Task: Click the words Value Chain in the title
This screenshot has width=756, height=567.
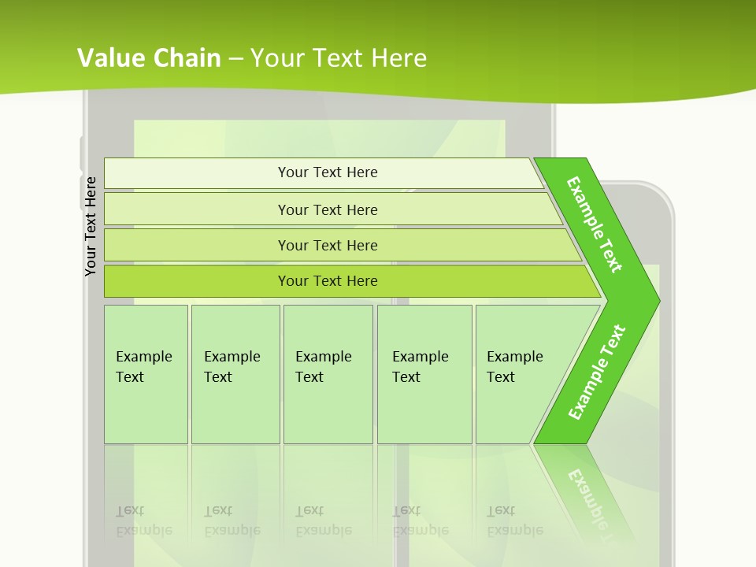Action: click(x=149, y=57)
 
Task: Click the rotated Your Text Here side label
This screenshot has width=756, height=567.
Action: click(x=91, y=226)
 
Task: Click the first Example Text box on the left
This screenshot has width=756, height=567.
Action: click(x=146, y=374)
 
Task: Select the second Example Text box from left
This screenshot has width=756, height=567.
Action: click(x=235, y=374)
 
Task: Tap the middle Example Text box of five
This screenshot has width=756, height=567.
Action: click(x=328, y=374)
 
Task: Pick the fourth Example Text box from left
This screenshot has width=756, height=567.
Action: click(x=424, y=374)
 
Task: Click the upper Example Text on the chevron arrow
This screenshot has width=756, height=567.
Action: click(x=595, y=224)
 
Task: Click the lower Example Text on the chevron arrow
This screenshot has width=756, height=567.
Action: click(x=597, y=372)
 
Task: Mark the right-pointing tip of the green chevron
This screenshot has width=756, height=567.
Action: click(x=655, y=301)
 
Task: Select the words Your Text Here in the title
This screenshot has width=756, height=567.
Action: click(x=339, y=57)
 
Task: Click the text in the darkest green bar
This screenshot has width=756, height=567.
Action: click(x=328, y=281)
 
